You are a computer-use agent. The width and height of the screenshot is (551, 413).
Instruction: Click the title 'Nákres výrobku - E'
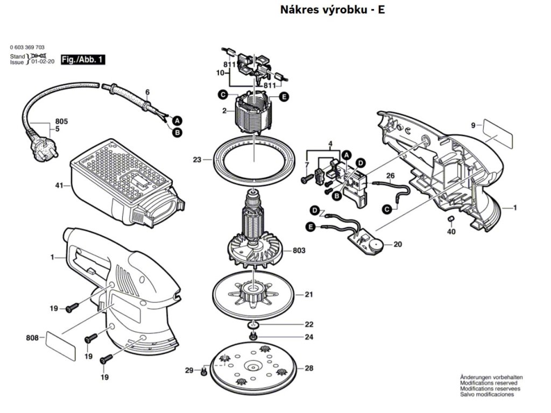(333, 10)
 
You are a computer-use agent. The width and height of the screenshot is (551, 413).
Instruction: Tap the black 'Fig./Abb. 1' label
(83, 59)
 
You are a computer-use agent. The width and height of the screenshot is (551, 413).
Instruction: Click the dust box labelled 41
(121, 183)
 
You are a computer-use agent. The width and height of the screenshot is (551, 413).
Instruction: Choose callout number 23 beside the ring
(197, 159)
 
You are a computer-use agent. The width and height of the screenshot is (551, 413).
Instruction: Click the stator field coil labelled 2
(253, 113)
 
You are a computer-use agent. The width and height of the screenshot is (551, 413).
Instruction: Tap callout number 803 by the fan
(299, 251)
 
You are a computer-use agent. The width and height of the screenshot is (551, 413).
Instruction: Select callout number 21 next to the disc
(308, 295)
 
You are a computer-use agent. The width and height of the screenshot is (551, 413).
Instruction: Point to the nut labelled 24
(252, 337)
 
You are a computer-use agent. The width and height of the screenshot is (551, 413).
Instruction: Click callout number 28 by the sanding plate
(308, 368)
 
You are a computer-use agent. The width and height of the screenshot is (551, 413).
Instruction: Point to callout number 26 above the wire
(390, 175)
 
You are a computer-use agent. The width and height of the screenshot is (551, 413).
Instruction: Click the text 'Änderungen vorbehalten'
(491, 378)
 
